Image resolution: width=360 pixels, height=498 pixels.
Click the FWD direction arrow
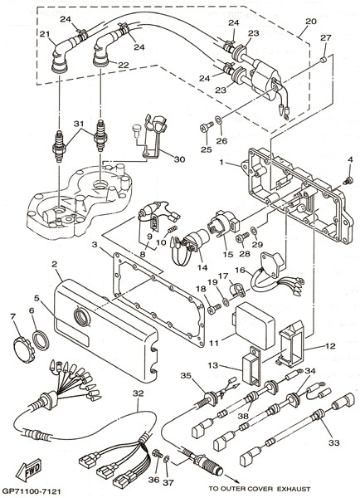(x=29, y=470)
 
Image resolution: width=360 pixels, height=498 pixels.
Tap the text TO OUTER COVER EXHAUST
(x=260, y=489)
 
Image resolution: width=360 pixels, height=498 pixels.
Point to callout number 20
(x=310, y=22)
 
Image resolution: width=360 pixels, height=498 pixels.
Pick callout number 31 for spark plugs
(x=80, y=123)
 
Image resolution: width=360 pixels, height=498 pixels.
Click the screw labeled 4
(x=348, y=181)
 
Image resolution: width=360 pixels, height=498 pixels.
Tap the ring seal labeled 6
(x=41, y=339)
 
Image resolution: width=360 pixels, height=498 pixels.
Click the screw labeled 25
(x=205, y=128)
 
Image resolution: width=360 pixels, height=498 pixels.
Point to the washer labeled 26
(x=218, y=120)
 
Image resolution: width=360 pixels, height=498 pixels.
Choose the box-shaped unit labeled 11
(x=255, y=325)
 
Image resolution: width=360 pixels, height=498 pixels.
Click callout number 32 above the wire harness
(x=139, y=393)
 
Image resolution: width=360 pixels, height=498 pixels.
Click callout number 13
(x=213, y=365)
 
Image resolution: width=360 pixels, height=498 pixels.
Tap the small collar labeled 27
(x=324, y=60)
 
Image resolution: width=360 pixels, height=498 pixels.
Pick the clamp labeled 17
(x=236, y=289)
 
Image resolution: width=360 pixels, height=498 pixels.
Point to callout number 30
(x=179, y=159)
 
